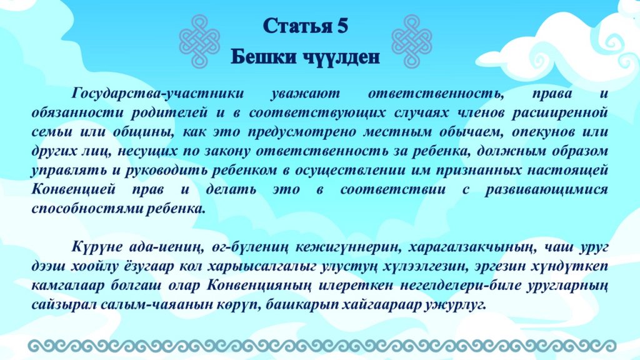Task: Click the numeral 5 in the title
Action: click(x=342, y=26)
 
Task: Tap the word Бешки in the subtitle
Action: click(x=264, y=56)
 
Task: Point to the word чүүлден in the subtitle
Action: click(x=341, y=57)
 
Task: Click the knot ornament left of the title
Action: click(x=199, y=41)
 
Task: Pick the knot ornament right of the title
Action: click(x=412, y=41)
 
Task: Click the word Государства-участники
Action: click(x=158, y=94)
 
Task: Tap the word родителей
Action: click(x=169, y=113)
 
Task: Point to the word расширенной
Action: click(x=560, y=113)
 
